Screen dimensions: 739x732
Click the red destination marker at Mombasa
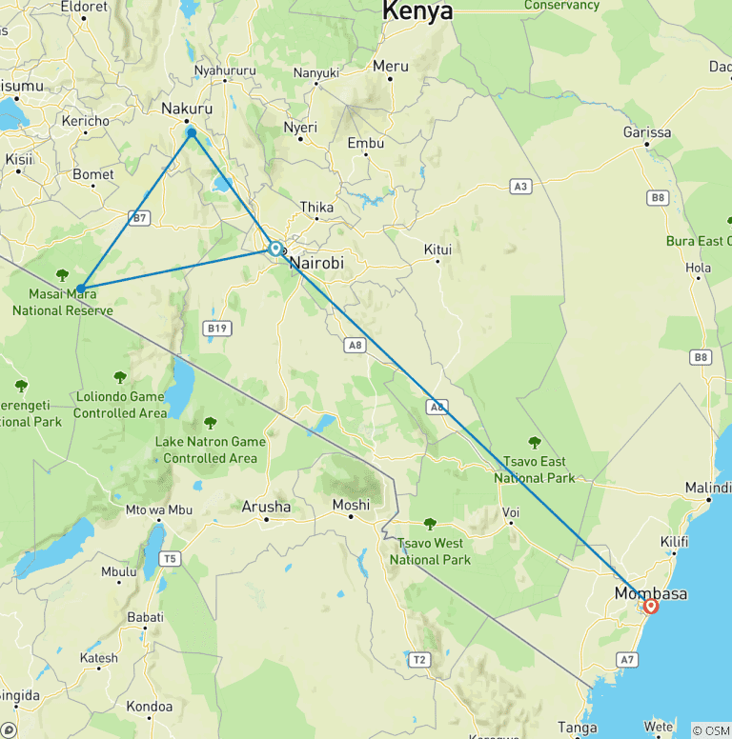651,606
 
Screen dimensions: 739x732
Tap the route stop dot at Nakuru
192,132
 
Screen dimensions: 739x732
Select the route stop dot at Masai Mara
82,288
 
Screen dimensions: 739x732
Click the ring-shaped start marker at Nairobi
275,249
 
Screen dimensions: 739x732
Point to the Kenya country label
417,11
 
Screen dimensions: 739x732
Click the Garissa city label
647,132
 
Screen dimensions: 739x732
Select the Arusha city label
266,507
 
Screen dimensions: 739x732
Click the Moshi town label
351,505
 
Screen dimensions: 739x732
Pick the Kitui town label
437,250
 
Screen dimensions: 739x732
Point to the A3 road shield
519,187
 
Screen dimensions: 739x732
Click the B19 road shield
217,329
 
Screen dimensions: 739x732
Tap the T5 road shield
171,558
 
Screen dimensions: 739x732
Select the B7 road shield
140,218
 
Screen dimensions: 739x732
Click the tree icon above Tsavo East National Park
535,442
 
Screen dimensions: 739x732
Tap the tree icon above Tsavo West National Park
430,524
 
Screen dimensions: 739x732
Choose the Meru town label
391,66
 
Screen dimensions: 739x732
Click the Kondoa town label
150,707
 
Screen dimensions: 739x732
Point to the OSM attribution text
710,730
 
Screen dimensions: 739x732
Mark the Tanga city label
578,729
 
